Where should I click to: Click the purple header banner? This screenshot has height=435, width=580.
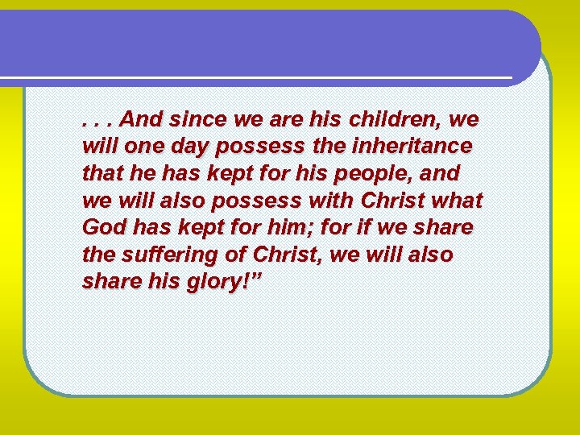click(x=266, y=44)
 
